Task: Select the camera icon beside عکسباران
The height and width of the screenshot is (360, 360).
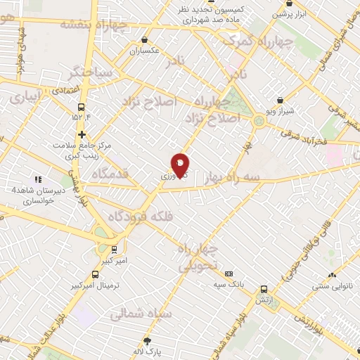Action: tap(145, 41)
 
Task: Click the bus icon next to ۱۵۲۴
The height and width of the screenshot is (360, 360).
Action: tap(82, 108)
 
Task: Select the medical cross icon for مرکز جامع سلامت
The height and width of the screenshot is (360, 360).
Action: tap(82, 134)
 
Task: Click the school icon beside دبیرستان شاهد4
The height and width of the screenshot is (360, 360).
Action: tap(38, 179)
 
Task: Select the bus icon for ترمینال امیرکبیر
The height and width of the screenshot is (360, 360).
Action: tap(95, 275)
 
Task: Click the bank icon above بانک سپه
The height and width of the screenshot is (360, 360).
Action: tap(229, 274)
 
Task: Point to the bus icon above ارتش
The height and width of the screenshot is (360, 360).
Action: tap(264, 289)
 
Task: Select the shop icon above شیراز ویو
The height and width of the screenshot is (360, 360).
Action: tap(279, 101)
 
